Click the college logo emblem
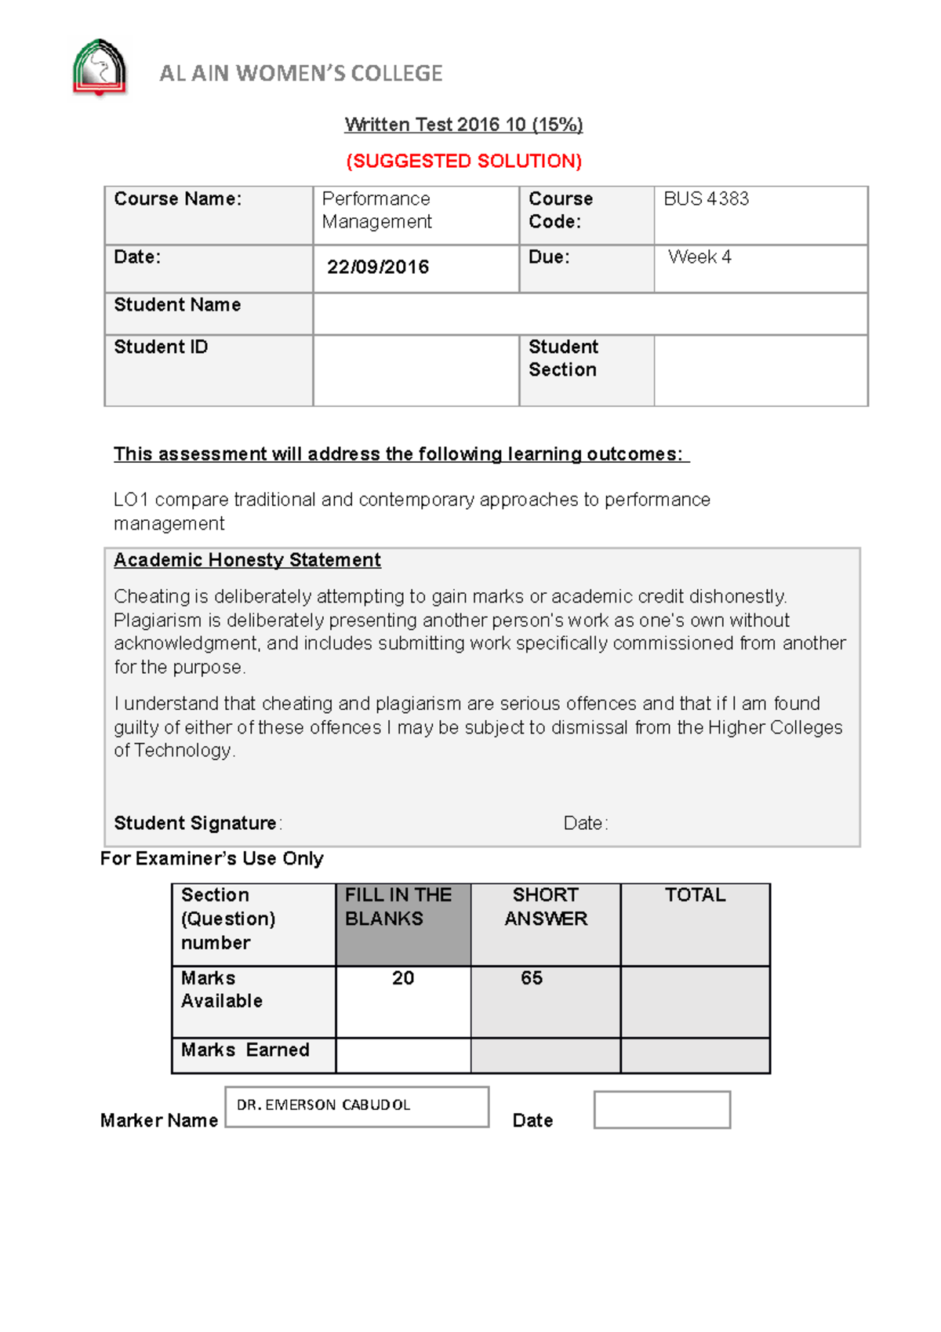click(100, 68)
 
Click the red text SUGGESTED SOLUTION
click(464, 161)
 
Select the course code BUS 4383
click(706, 199)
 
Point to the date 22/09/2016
click(378, 267)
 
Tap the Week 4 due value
click(699, 257)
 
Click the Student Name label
click(177, 305)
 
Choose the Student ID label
click(161, 348)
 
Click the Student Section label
click(563, 358)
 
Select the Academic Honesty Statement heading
click(247, 560)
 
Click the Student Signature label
click(195, 824)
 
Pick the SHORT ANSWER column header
click(546, 907)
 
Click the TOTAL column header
click(695, 895)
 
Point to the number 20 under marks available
click(403, 978)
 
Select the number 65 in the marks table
click(532, 978)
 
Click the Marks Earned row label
click(245, 1050)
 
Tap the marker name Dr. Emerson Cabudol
click(323, 1105)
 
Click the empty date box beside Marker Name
click(662, 1110)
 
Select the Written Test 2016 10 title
click(463, 125)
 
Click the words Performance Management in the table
click(376, 210)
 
